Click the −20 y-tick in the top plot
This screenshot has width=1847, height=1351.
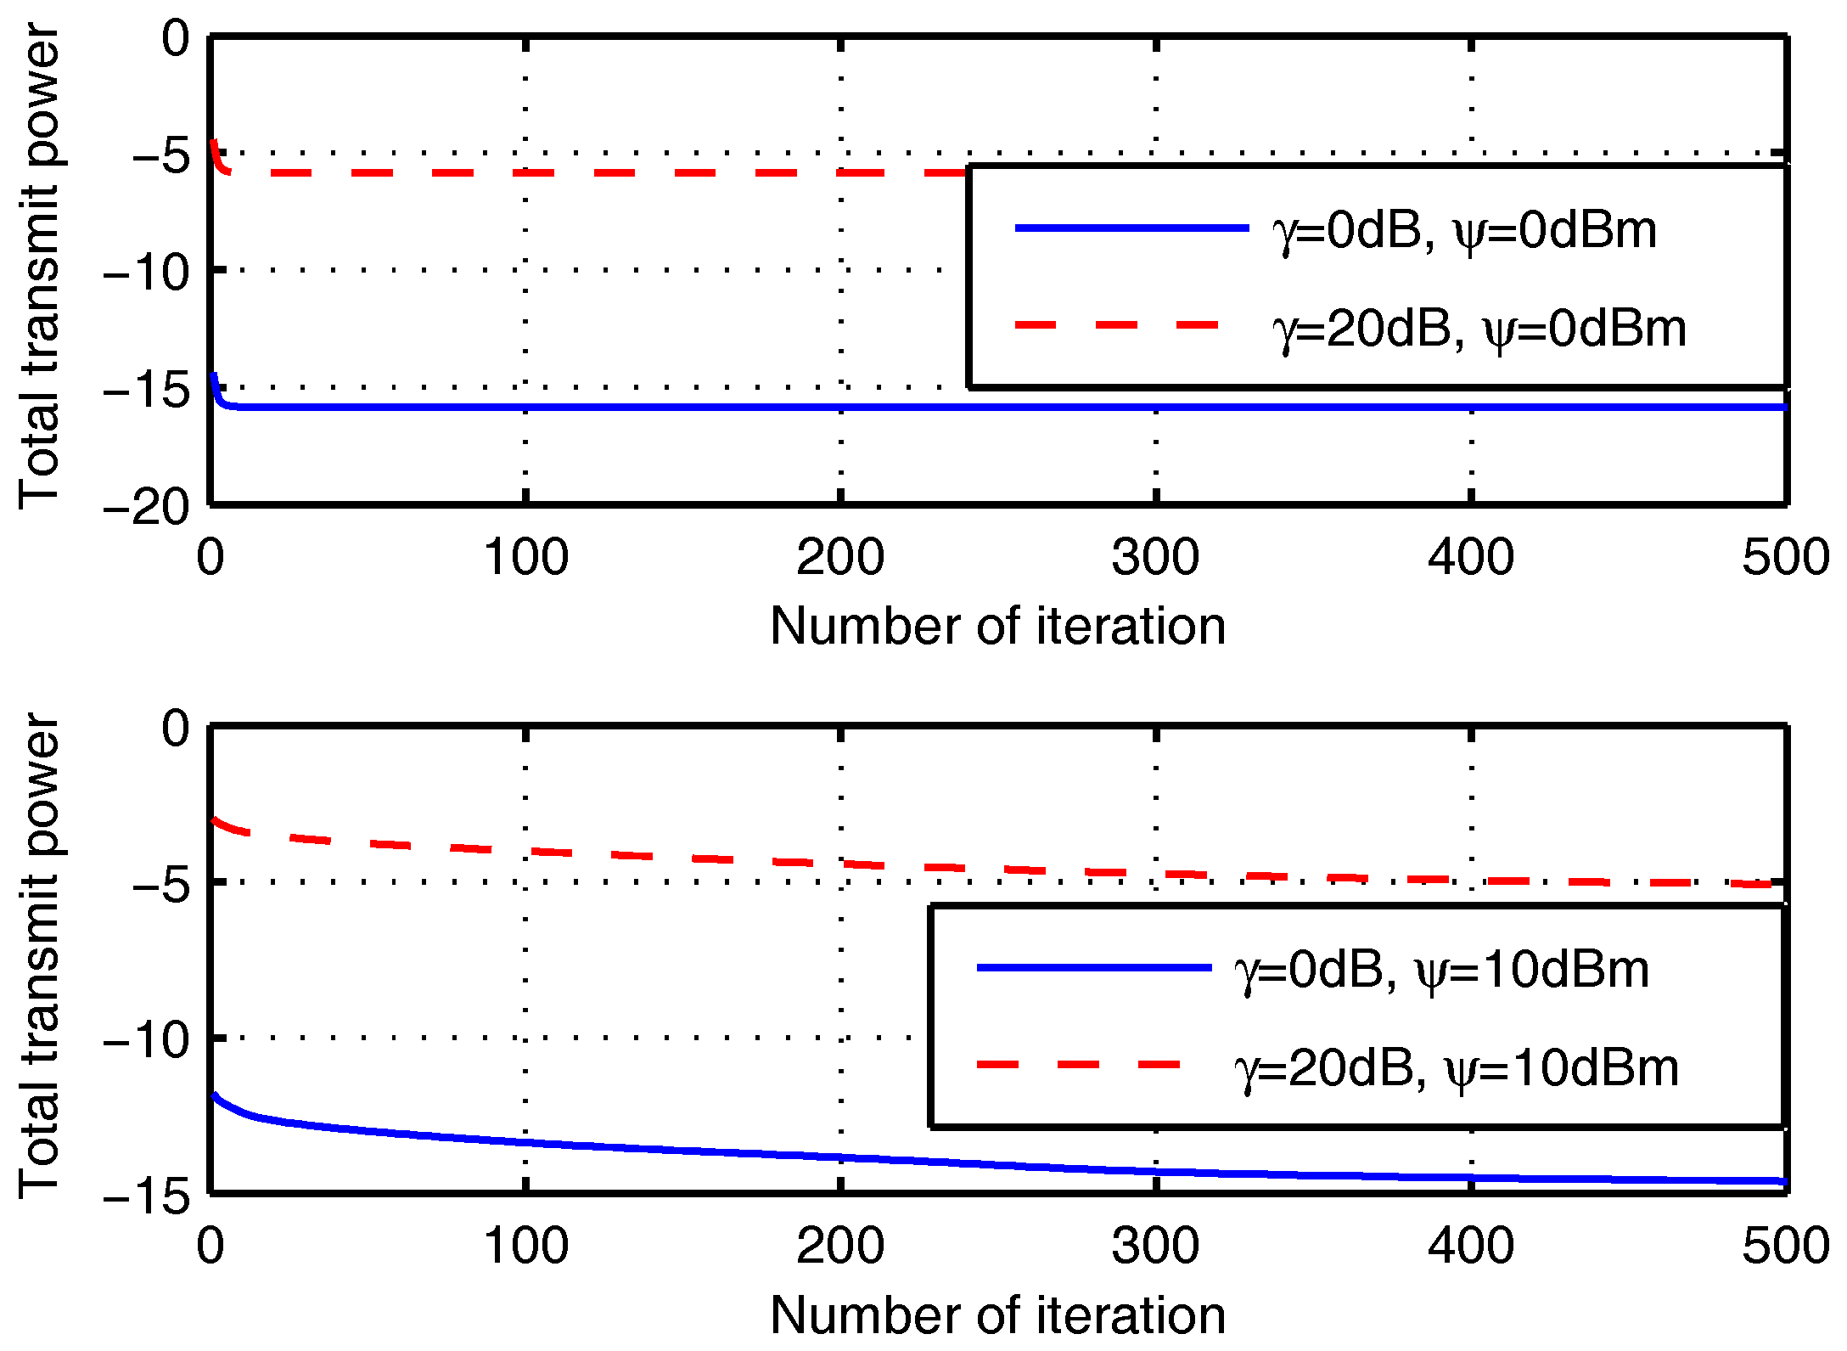point(146,509)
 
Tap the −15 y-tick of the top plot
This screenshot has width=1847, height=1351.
point(146,391)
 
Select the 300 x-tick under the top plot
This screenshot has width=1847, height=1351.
point(1155,558)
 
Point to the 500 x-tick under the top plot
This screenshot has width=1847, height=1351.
point(1786,558)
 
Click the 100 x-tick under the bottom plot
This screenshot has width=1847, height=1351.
point(525,1247)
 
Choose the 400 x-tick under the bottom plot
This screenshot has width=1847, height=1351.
point(1470,1247)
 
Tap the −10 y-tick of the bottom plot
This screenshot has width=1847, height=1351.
point(146,1039)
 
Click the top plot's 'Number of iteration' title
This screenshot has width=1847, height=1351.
point(998,627)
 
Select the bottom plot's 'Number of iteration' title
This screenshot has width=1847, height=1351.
point(998,1315)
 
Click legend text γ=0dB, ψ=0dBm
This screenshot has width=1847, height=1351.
point(1464,230)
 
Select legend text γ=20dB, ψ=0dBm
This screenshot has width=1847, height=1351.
point(1479,329)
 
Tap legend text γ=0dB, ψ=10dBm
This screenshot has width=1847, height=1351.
point(1441,970)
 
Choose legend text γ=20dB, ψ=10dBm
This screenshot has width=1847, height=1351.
point(1456,1067)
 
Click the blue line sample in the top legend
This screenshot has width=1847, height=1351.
point(1131,228)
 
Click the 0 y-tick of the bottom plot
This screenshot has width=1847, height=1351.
point(176,729)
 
